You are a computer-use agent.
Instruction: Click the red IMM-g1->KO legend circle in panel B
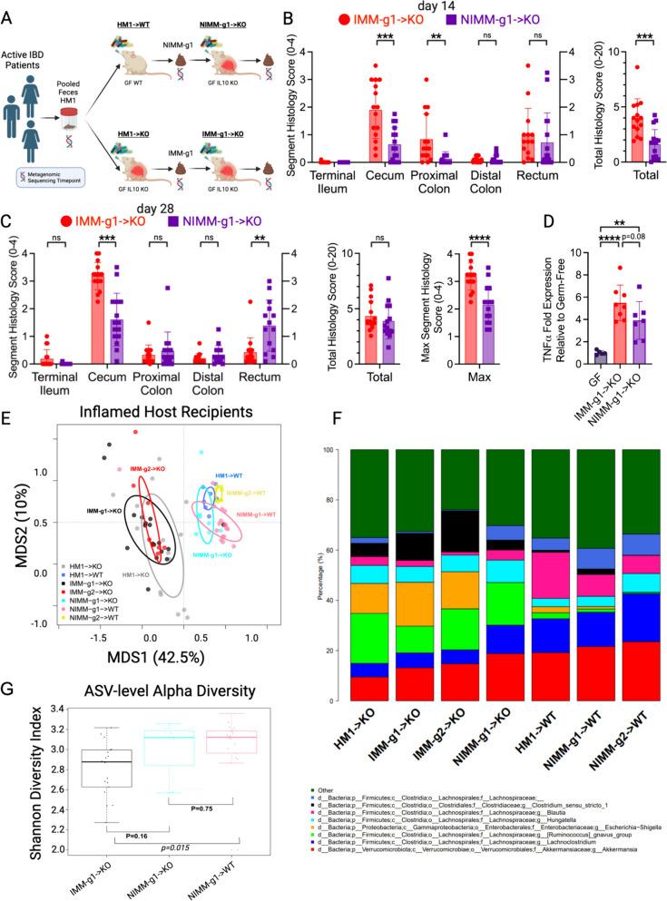click(x=347, y=19)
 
